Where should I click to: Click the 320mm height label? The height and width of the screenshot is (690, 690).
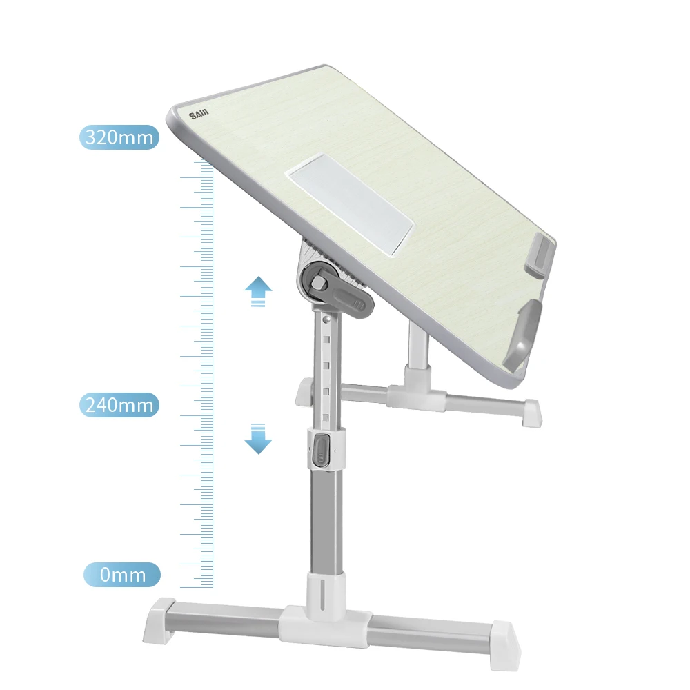(x=119, y=137)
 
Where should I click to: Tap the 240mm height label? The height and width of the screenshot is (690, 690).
(x=119, y=404)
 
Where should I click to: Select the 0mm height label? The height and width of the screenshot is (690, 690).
(x=122, y=575)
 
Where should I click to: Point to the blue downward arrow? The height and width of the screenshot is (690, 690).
(x=258, y=439)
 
